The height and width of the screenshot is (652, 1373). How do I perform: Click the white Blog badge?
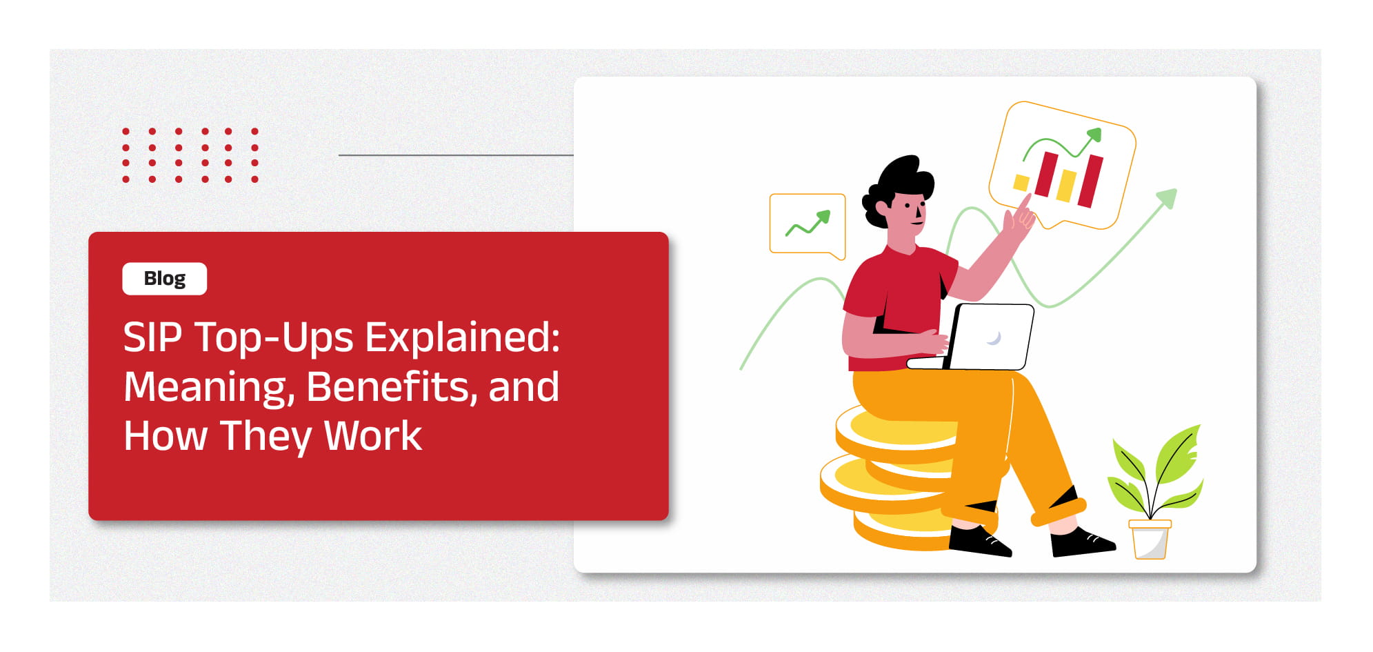click(x=164, y=279)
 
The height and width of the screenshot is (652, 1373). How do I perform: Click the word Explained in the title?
click(x=462, y=338)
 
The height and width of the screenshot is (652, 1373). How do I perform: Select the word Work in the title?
click(x=372, y=436)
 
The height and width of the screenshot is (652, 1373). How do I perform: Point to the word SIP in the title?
click(x=152, y=338)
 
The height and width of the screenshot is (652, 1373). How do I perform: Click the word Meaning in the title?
click(x=209, y=388)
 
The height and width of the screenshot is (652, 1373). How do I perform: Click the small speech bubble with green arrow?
click(x=808, y=225)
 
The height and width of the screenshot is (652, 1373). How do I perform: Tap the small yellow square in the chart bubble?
click(x=1021, y=182)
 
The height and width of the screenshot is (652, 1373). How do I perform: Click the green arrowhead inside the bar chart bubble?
click(x=1094, y=135)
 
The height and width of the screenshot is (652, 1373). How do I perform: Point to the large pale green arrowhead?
click(x=1167, y=198)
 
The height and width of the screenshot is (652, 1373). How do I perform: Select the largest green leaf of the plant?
click(x=1178, y=455)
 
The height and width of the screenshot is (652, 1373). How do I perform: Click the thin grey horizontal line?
click(x=456, y=155)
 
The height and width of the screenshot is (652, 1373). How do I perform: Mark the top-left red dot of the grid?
click(x=126, y=130)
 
